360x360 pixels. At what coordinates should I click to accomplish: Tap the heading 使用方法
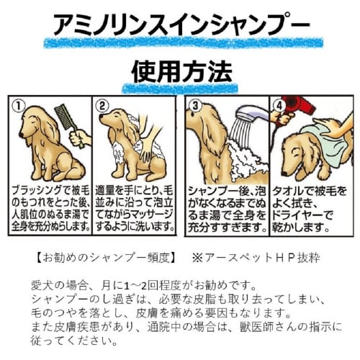(181, 73)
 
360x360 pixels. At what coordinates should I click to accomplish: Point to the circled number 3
(193, 106)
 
